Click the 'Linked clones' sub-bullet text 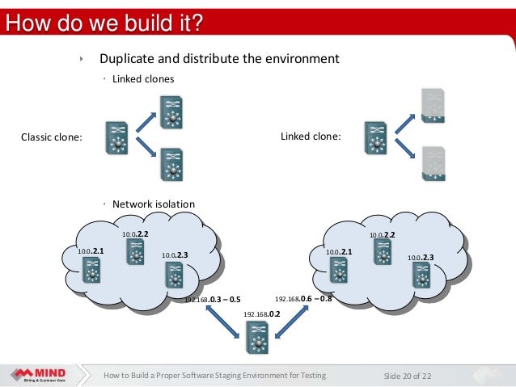pos(143,79)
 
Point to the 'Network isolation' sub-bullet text pos(153,204)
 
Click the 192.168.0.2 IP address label pos(261,313)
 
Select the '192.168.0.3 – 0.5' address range pos(213,299)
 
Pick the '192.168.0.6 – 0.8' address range pos(304,298)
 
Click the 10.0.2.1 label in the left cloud pos(91,251)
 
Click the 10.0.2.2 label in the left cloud pos(135,234)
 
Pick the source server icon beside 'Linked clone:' pos(375,137)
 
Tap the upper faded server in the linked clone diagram pos(434,105)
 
